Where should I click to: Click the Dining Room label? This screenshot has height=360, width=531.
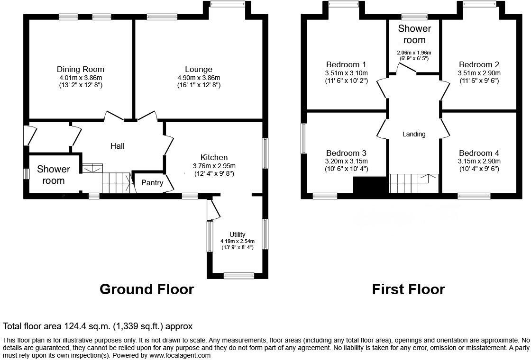[x=80, y=69]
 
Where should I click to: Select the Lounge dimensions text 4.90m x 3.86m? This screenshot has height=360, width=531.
[x=199, y=78]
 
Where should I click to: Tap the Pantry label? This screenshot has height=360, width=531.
[x=152, y=182]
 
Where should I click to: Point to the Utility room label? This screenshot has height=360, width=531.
[x=238, y=234]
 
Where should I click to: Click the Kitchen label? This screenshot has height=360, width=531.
[x=214, y=157]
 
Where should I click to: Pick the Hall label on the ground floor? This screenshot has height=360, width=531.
[x=118, y=146]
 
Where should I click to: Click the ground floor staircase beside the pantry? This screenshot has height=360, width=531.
[x=117, y=182]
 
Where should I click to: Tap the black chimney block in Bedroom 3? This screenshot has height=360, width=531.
[x=370, y=185]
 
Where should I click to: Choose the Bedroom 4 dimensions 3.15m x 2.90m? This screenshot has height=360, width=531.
[x=479, y=162]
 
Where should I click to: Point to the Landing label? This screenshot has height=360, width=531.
[x=414, y=134]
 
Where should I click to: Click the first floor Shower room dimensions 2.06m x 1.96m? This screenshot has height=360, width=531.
[x=414, y=53]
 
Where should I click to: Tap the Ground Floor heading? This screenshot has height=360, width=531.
[x=146, y=289]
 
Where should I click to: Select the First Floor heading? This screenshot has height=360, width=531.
[x=408, y=289]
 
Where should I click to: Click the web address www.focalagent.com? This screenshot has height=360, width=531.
[x=181, y=355]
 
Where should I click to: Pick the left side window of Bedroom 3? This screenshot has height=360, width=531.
[x=304, y=138]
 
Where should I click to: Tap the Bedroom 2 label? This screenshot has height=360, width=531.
[x=479, y=64]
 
